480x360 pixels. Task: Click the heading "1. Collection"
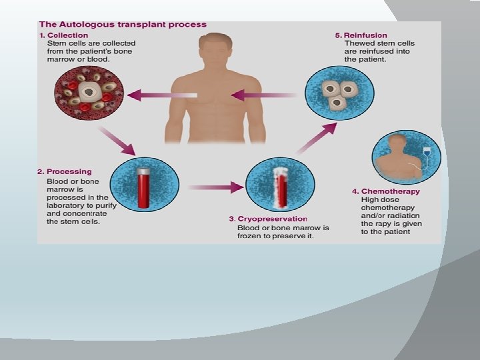pyautogui.click(x=63, y=35)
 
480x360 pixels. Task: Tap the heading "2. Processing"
pyautogui.click(x=64, y=172)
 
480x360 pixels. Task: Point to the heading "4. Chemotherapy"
pyautogui.click(x=386, y=191)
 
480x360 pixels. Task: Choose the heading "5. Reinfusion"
pyautogui.click(x=361, y=35)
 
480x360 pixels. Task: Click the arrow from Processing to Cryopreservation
pyautogui.click(x=213, y=187)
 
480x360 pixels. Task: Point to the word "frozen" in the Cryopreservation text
pyautogui.click(x=251, y=236)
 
